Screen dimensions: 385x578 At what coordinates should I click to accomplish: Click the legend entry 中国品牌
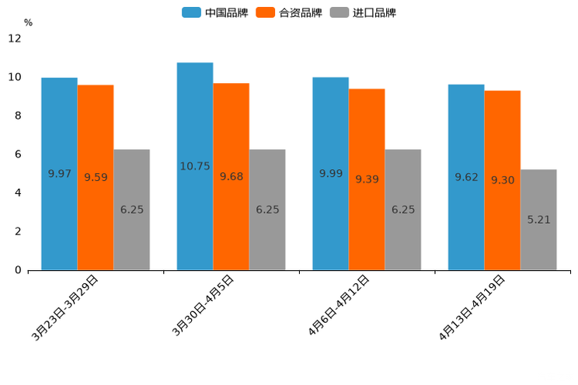click(216, 12)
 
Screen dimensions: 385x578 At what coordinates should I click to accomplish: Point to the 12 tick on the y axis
click(16, 39)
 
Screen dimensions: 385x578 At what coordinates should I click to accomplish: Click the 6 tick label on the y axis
click(18, 154)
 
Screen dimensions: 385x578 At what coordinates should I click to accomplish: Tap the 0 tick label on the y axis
click(18, 270)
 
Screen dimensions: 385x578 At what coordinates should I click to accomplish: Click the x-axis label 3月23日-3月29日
click(66, 307)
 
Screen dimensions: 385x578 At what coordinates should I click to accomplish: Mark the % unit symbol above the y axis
click(28, 23)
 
